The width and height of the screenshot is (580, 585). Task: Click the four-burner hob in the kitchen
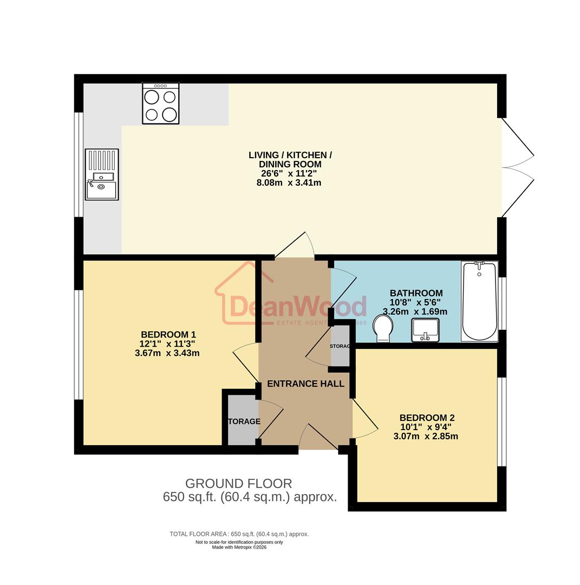coord(160,103)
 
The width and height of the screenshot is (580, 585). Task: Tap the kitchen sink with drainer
coord(102,174)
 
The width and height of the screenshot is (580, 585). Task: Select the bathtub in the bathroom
coord(479,301)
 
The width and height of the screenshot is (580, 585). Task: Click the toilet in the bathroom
coord(383,329)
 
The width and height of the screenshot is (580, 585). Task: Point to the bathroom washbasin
coord(425,330)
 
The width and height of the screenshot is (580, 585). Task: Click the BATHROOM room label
coord(416,293)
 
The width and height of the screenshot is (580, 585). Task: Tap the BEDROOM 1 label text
coord(168,334)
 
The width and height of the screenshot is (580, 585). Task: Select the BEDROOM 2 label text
coord(427,418)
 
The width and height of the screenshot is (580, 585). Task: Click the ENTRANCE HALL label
coord(305,383)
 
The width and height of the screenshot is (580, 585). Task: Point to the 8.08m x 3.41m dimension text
coord(289,183)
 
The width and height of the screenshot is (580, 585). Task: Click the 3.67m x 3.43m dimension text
coord(167,353)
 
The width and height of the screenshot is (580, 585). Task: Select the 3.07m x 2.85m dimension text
coord(426,436)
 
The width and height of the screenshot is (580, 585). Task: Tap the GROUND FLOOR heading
coord(238,483)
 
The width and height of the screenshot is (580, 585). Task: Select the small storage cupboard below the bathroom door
coord(340,347)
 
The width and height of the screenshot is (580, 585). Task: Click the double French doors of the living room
coord(517,167)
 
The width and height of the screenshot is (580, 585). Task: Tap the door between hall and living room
coord(295,247)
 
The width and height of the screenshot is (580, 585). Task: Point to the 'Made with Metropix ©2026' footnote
coord(239,547)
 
